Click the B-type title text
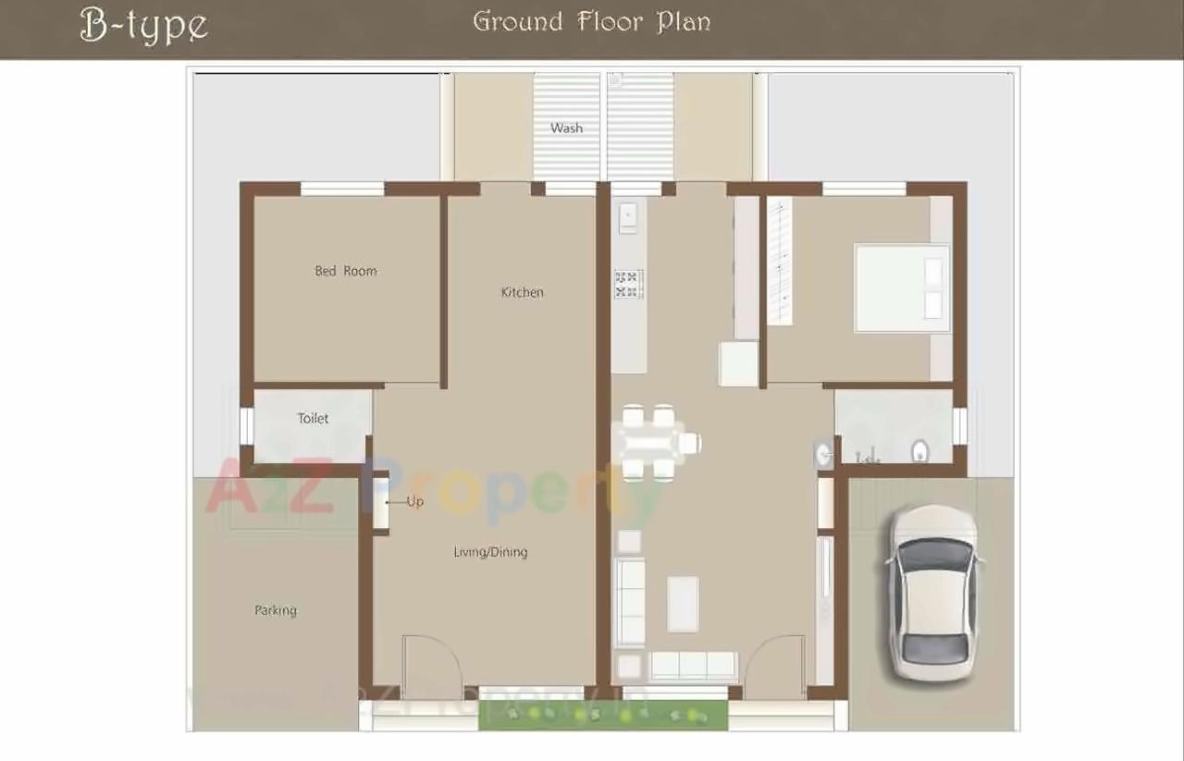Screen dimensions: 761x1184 144,25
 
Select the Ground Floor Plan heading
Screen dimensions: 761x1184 592,21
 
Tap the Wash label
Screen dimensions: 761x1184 566,128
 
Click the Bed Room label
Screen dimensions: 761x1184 346,271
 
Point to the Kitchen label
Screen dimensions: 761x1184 522,292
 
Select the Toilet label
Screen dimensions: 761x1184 313,418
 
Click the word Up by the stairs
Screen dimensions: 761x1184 414,501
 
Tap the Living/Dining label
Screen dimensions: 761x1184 490,552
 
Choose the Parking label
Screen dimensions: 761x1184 276,610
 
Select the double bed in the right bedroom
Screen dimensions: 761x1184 901,288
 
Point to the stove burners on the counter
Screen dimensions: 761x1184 628,284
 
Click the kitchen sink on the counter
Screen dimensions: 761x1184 628,215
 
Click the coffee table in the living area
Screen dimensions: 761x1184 683,604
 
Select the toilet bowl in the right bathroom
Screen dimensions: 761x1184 919,451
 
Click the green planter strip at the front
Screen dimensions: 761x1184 602,714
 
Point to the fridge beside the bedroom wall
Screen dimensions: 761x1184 739,363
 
